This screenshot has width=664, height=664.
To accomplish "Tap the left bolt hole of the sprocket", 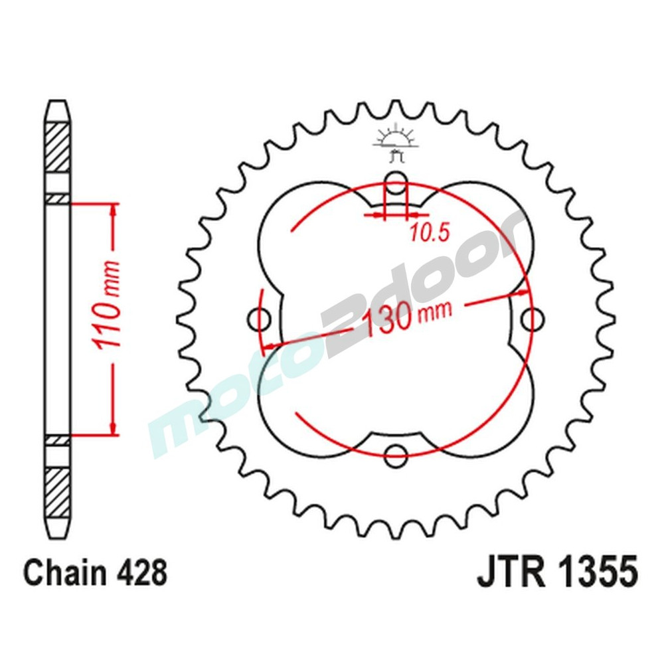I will click(259, 320).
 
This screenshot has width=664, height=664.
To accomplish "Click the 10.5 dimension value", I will click(430, 232).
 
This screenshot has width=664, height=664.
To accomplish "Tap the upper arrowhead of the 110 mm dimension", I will click(114, 211).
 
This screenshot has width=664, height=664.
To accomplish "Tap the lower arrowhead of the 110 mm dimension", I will click(114, 427).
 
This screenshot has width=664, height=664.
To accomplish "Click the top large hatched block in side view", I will click(58, 147).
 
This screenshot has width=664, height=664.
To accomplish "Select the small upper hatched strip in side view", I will click(58, 198).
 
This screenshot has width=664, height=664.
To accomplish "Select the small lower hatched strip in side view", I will click(58, 440).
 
